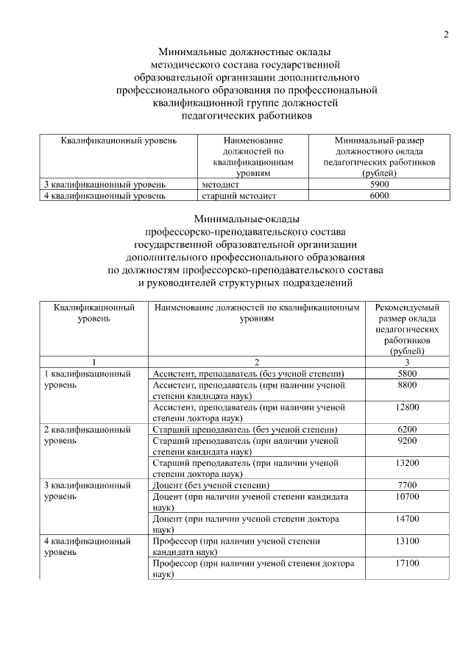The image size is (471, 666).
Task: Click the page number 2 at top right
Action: (445, 35)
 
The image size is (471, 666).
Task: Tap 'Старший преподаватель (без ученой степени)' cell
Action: (244, 429)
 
